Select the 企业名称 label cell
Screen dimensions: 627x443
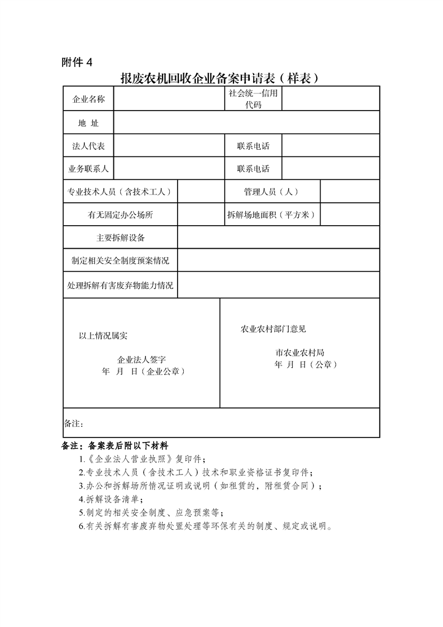88,99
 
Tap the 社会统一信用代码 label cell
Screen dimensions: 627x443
253,99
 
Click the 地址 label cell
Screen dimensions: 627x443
88,123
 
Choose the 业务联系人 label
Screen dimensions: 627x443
88,169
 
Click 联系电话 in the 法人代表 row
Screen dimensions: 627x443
253,146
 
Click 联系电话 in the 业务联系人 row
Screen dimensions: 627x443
253,169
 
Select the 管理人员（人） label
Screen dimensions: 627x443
271,192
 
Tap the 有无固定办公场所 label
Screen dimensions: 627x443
121,215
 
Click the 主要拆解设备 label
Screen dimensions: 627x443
121,238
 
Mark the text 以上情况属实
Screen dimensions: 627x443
103,336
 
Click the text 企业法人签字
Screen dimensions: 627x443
141,360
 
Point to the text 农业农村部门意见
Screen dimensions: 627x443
273,329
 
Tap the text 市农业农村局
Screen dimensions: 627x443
300,353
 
